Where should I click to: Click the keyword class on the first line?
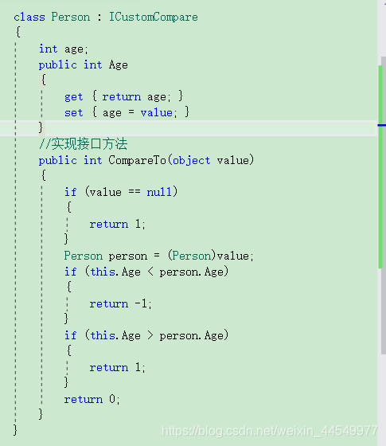[29, 17]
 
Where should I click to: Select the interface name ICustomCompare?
[154, 17]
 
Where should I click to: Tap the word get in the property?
[73, 97]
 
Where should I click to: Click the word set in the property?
[73, 113]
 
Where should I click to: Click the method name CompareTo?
[137, 160]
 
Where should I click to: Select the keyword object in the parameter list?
[192, 160]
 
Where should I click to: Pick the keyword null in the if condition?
[159, 192]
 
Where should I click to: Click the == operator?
[135, 192]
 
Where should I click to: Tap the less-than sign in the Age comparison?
[150, 272]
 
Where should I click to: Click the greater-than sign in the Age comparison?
[150, 335]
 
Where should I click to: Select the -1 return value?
[141, 303]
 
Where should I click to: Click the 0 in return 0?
[112, 399]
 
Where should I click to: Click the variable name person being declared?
[128, 256]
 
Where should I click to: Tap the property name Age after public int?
[119, 65]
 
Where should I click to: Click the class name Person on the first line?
[71, 17]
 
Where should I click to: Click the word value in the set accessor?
[156, 113]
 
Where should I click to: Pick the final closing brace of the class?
[15, 430]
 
